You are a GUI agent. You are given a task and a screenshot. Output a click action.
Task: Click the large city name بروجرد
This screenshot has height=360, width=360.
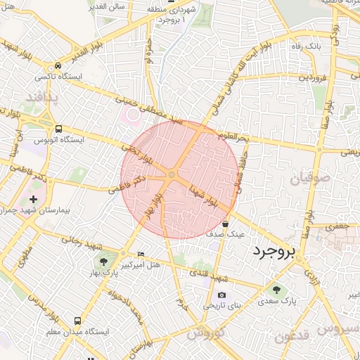click(x=274, y=250)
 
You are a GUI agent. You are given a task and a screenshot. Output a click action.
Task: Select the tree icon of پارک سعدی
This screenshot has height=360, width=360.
click(x=276, y=289)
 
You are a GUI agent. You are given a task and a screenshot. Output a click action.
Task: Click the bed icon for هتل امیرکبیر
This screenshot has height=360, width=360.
click(x=141, y=254)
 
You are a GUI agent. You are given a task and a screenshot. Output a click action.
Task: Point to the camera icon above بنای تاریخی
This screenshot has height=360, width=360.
click(x=222, y=295)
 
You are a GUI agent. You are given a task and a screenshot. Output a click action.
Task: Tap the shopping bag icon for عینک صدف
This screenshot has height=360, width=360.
click(x=225, y=224)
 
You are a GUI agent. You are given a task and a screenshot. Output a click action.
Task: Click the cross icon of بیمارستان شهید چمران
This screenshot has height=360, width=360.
click(x=33, y=200)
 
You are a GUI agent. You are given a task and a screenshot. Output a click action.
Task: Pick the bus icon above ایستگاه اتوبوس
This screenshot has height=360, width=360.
click(x=58, y=129)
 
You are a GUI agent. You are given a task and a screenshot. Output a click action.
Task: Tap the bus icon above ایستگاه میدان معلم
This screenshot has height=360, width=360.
click(x=77, y=320)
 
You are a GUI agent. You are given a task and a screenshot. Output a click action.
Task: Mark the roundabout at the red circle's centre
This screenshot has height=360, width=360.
click(x=172, y=175)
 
